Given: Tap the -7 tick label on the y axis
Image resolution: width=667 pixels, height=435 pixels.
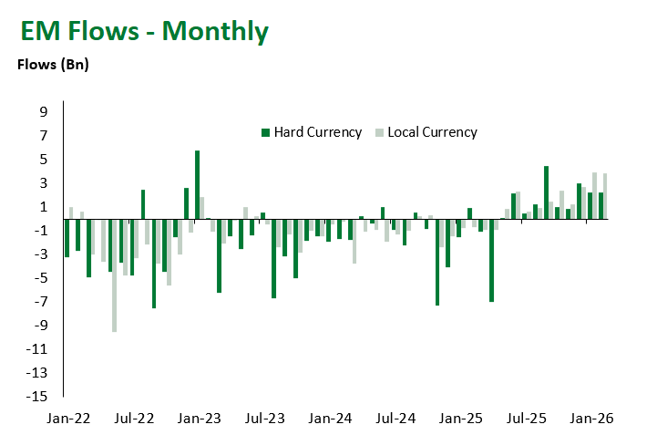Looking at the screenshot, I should click(40, 302).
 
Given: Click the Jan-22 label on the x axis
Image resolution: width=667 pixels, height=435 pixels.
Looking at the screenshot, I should click(69, 419).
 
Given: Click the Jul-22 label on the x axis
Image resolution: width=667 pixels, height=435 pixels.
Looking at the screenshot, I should click(134, 419).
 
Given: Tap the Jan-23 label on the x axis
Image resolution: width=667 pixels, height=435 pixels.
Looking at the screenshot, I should click(200, 419).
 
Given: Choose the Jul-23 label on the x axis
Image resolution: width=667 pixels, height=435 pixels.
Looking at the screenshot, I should click(265, 419).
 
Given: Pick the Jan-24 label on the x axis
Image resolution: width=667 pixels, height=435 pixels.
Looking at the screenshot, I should click(331, 419).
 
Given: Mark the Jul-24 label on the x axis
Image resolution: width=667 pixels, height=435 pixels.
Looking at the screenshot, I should click(396, 419).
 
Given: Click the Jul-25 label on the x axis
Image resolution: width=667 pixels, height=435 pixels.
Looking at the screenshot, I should click(527, 419).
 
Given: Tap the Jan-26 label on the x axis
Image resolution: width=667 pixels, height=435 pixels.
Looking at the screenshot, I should click(592, 419).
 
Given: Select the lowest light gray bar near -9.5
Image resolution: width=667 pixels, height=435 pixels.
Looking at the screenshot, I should click(114, 275).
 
